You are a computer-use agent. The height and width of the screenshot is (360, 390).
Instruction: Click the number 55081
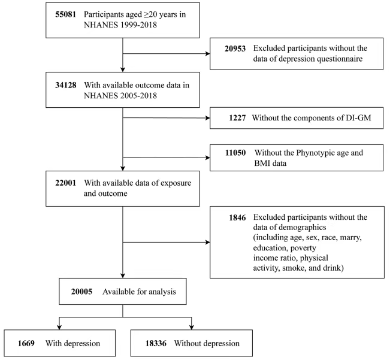tap(66, 14)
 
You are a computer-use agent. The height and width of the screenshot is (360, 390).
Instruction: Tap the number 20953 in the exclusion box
tap(235, 49)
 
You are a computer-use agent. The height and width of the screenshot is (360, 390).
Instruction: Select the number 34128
tap(66, 85)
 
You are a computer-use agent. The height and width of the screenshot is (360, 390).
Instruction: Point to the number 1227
tap(237, 118)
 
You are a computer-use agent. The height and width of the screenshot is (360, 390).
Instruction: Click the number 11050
tap(235, 153)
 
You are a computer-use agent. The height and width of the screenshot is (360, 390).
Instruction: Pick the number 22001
tap(66, 183)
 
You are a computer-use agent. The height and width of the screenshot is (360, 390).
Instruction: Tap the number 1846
tap(237, 218)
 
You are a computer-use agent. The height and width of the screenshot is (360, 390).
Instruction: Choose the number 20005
tap(81, 292)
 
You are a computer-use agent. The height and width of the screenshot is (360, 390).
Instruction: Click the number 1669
tap(26, 343)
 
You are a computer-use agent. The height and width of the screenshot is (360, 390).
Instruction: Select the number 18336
tap(156, 343)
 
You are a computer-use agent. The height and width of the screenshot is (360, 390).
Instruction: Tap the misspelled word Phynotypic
tap(315, 153)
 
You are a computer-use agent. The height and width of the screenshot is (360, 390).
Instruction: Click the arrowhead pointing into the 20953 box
tap(208, 54)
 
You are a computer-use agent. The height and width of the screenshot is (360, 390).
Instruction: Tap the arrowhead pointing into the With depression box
tap(59, 327)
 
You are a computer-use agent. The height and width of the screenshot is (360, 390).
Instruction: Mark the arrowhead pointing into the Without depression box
tap(192, 327)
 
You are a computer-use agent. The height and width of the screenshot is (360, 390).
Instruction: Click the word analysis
tap(162, 292)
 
